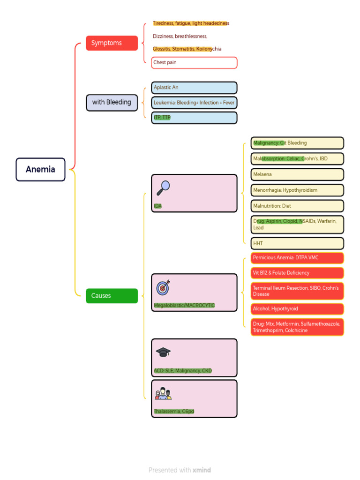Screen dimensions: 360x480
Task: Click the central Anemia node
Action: [40, 169]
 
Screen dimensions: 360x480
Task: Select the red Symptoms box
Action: [112, 43]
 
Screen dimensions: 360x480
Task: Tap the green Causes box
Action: [112, 296]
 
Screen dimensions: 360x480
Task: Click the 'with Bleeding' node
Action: [112, 103]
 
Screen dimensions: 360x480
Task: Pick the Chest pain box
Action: [194, 62]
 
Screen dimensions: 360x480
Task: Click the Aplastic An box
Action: [194, 88]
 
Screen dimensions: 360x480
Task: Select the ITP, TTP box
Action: [194, 118]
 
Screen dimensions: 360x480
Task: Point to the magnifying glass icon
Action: [163, 187]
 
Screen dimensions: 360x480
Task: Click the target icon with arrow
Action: [163, 287]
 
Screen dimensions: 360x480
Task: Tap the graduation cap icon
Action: [163, 352]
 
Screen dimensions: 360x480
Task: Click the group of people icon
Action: [163, 393]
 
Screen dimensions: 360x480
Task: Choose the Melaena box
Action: [297, 174]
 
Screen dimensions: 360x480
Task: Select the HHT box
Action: [297, 243]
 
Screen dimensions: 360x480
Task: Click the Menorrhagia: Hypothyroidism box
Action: [297, 190]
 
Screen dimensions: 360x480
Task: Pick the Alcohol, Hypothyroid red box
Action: [297, 309]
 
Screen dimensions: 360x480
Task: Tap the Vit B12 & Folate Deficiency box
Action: [297, 273]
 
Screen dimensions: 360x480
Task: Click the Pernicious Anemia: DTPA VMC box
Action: [297, 258]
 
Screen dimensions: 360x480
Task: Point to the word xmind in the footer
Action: [202, 470]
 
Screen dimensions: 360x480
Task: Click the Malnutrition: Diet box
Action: [297, 206]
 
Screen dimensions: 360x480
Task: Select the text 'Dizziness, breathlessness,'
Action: [180, 36]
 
